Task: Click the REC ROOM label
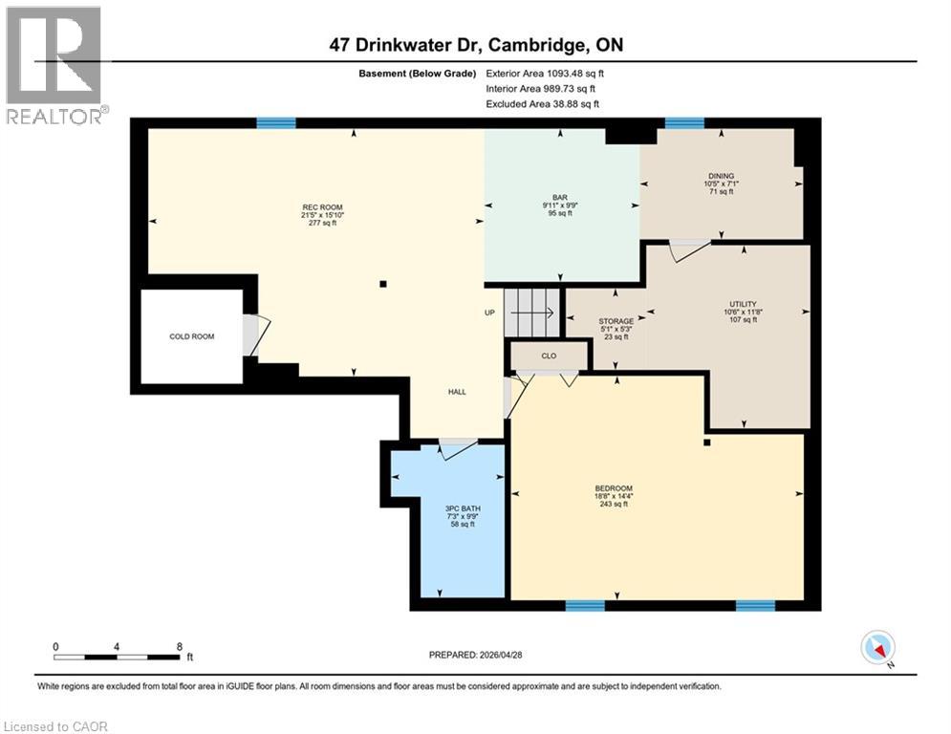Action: click(322, 207)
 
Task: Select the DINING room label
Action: click(721, 176)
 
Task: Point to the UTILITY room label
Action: click(742, 303)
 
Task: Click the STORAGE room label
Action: click(616, 321)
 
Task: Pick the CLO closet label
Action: click(549, 356)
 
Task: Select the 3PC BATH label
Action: click(461, 508)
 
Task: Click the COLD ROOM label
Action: click(191, 336)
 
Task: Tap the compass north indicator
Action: click(876, 649)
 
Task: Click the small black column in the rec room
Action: click(382, 284)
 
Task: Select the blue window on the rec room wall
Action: click(275, 122)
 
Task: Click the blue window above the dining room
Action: click(684, 122)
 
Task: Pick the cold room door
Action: click(252, 335)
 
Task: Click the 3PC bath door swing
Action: click(458, 446)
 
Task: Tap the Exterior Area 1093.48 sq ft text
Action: click(545, 73)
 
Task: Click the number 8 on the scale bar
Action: click(180, 647)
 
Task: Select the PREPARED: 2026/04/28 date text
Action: click(475, 655)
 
